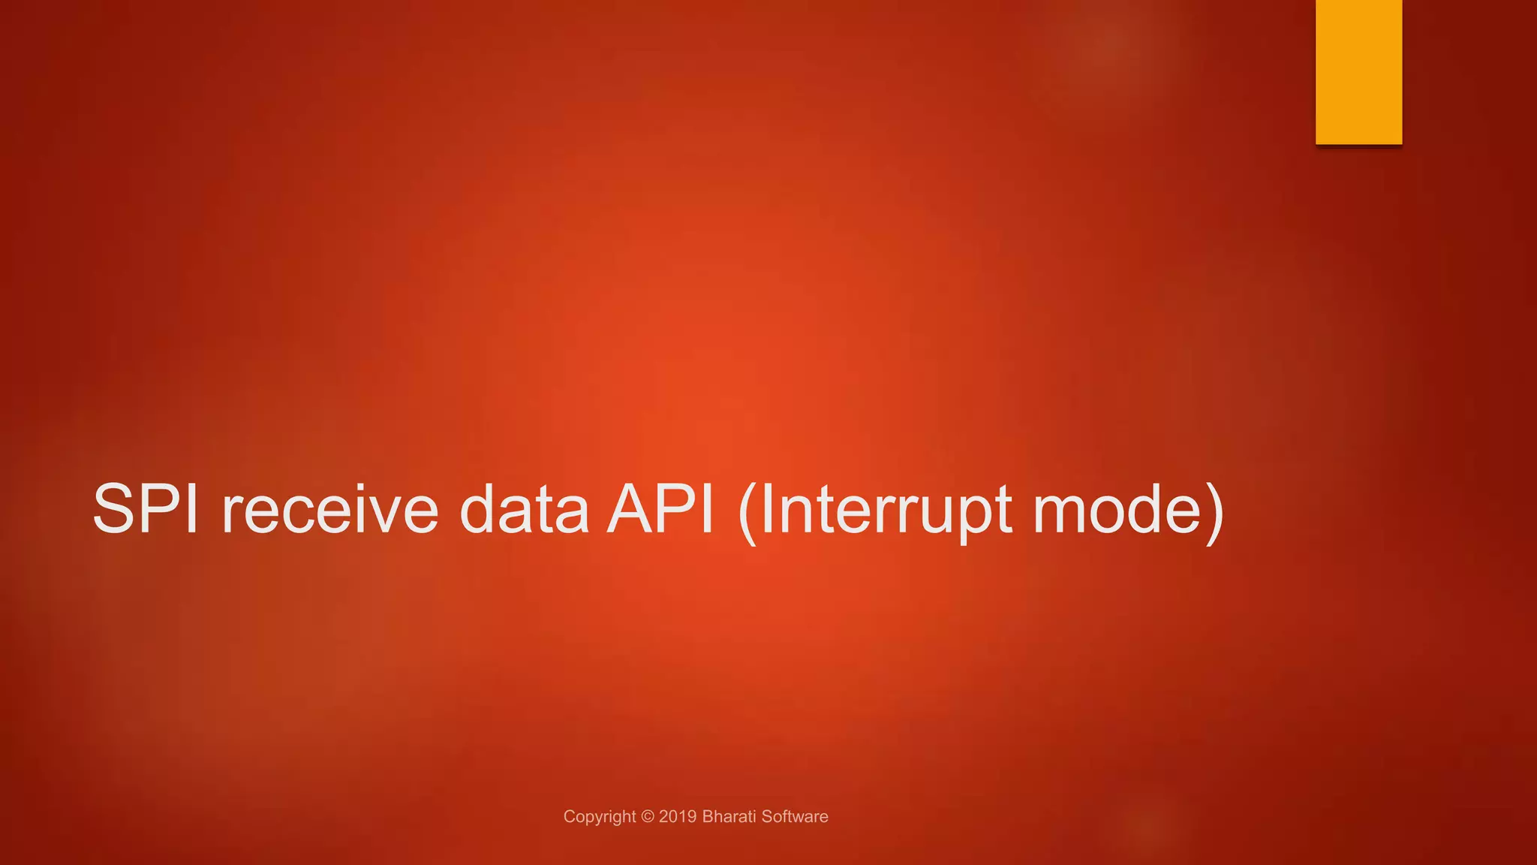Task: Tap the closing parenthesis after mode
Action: point(1214,512)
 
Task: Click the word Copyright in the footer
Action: point(600,817)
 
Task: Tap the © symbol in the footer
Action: point(648,816)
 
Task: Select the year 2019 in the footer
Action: point(678,816)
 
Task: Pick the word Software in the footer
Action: point(795,816)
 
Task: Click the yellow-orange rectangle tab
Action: point(1358,72)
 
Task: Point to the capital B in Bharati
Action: point(707,816)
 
